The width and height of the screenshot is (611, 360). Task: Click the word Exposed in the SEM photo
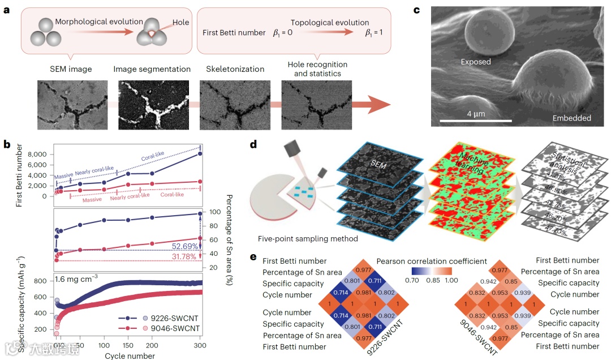pyautogui.click(x=475, y=62)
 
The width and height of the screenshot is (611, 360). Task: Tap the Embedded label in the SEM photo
pyautogui.click(x=571, y=118)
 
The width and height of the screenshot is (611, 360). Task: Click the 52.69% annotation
pyautogui.click(x=185, y=246)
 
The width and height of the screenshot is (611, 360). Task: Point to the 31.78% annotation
pyautogui.click(x=185, y=256)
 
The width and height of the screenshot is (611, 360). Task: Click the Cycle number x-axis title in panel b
pyautogui.click(x=130, y=355)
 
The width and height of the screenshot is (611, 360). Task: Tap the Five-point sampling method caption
pyautogui.click(x=307, y=239)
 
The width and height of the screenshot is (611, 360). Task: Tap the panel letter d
pyautogui.click(x=254, y=144)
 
